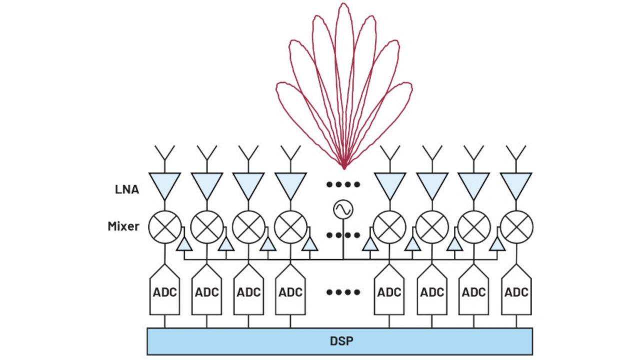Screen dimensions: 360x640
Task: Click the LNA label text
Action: tap(127, 190)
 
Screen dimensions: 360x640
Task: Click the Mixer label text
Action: tap(123, 226)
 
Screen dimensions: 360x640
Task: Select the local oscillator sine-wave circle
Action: tap(343, 210)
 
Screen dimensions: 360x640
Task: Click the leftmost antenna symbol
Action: tap(164, 152)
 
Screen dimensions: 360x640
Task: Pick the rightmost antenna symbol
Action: tap(516, 152)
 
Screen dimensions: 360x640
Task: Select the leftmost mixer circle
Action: tap(165, 226)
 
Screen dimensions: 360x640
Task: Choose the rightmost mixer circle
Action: tap(516, 226)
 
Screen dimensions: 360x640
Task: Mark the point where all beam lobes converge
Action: tap(344, 167)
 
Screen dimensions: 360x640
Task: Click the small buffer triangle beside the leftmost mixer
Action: tap(184, 244)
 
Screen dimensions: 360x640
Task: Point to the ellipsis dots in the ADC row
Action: tap(343, 292)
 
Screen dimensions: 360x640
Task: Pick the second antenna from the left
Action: tap(206, 152)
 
